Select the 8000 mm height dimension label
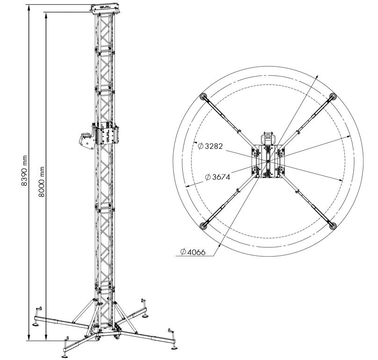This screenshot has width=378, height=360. tap(42, 182)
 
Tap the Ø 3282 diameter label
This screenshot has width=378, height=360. tap(210, 146)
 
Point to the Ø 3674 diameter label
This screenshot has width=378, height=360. tap(218, 177)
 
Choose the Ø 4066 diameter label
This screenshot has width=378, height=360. tap(193, 252)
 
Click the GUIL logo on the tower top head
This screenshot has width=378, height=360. tap(105, 7)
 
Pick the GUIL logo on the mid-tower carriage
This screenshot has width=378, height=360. tap(106, 135)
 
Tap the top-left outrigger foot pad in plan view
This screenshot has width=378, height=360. tap(204, 97)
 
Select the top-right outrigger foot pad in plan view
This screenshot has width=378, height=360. tap(333, 96)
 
